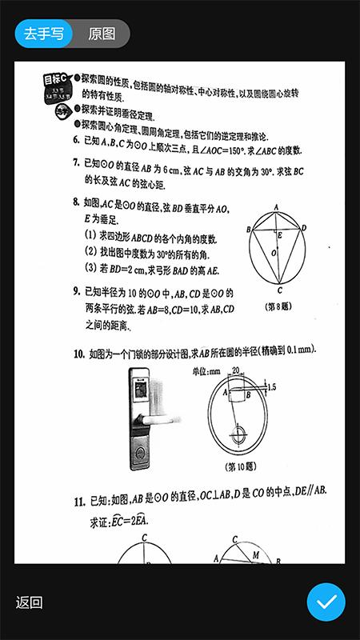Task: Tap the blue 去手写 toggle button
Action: pyautogui.click(x=43, y=34)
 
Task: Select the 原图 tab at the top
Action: pyautogui.click(x=102, y=34)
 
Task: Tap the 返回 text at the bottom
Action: pyautogui.click(x=29, y=602)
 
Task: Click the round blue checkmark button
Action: pyautogui.click(x=326, y=602)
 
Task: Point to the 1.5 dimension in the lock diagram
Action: pyautogui.click(x=273, y=387)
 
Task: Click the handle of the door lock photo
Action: pyautogui.click(x=164, y=417)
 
